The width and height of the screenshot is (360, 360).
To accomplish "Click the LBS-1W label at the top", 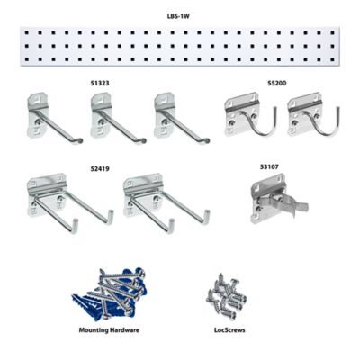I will pos(178,15).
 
